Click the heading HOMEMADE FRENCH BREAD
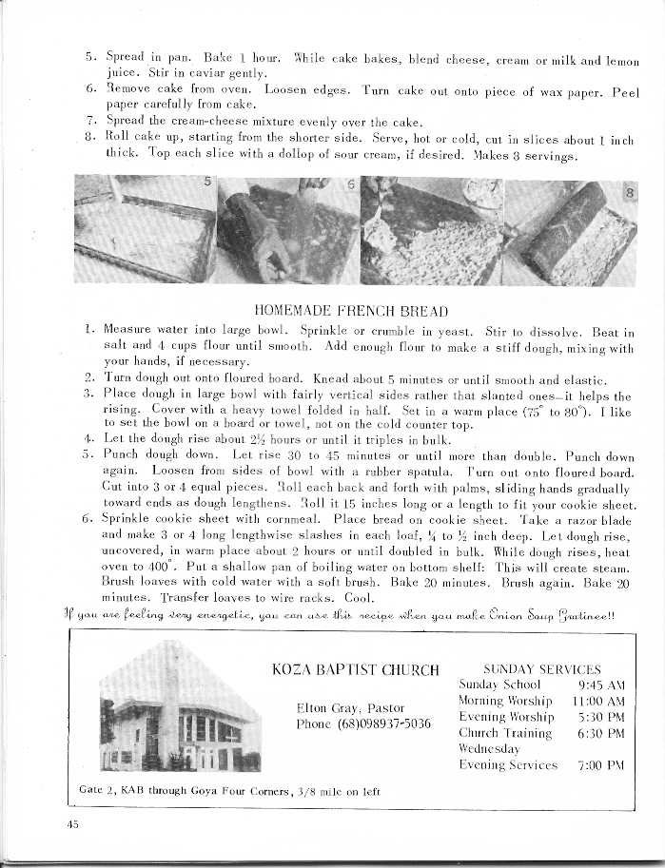(353, 310)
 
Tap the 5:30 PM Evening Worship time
(600, 716)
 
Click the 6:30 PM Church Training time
(600, 732)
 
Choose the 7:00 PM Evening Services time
(600, 764)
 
